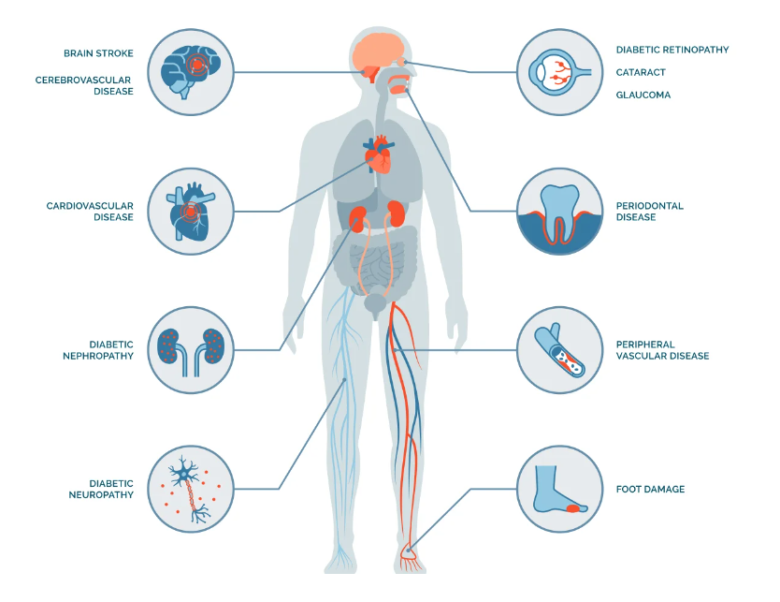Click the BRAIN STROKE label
coord(97,54)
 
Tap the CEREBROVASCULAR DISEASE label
coord(84,85)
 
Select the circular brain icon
coord(192,72)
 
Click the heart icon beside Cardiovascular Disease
coord(192,211)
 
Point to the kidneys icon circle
coord(192,349)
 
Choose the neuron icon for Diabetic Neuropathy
coord(192,488)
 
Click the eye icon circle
coord(559,72)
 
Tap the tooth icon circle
coord(559,211)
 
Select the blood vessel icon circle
coord(559,349)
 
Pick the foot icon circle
coord(559,488)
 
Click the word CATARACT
coord(642,72)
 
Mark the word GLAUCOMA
coord(643,95)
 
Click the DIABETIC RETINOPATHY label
coord(672,50)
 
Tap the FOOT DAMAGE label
coord(650,489)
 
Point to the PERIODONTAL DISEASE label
coord(649,211)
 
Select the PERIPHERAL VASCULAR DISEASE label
coord(661,350)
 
